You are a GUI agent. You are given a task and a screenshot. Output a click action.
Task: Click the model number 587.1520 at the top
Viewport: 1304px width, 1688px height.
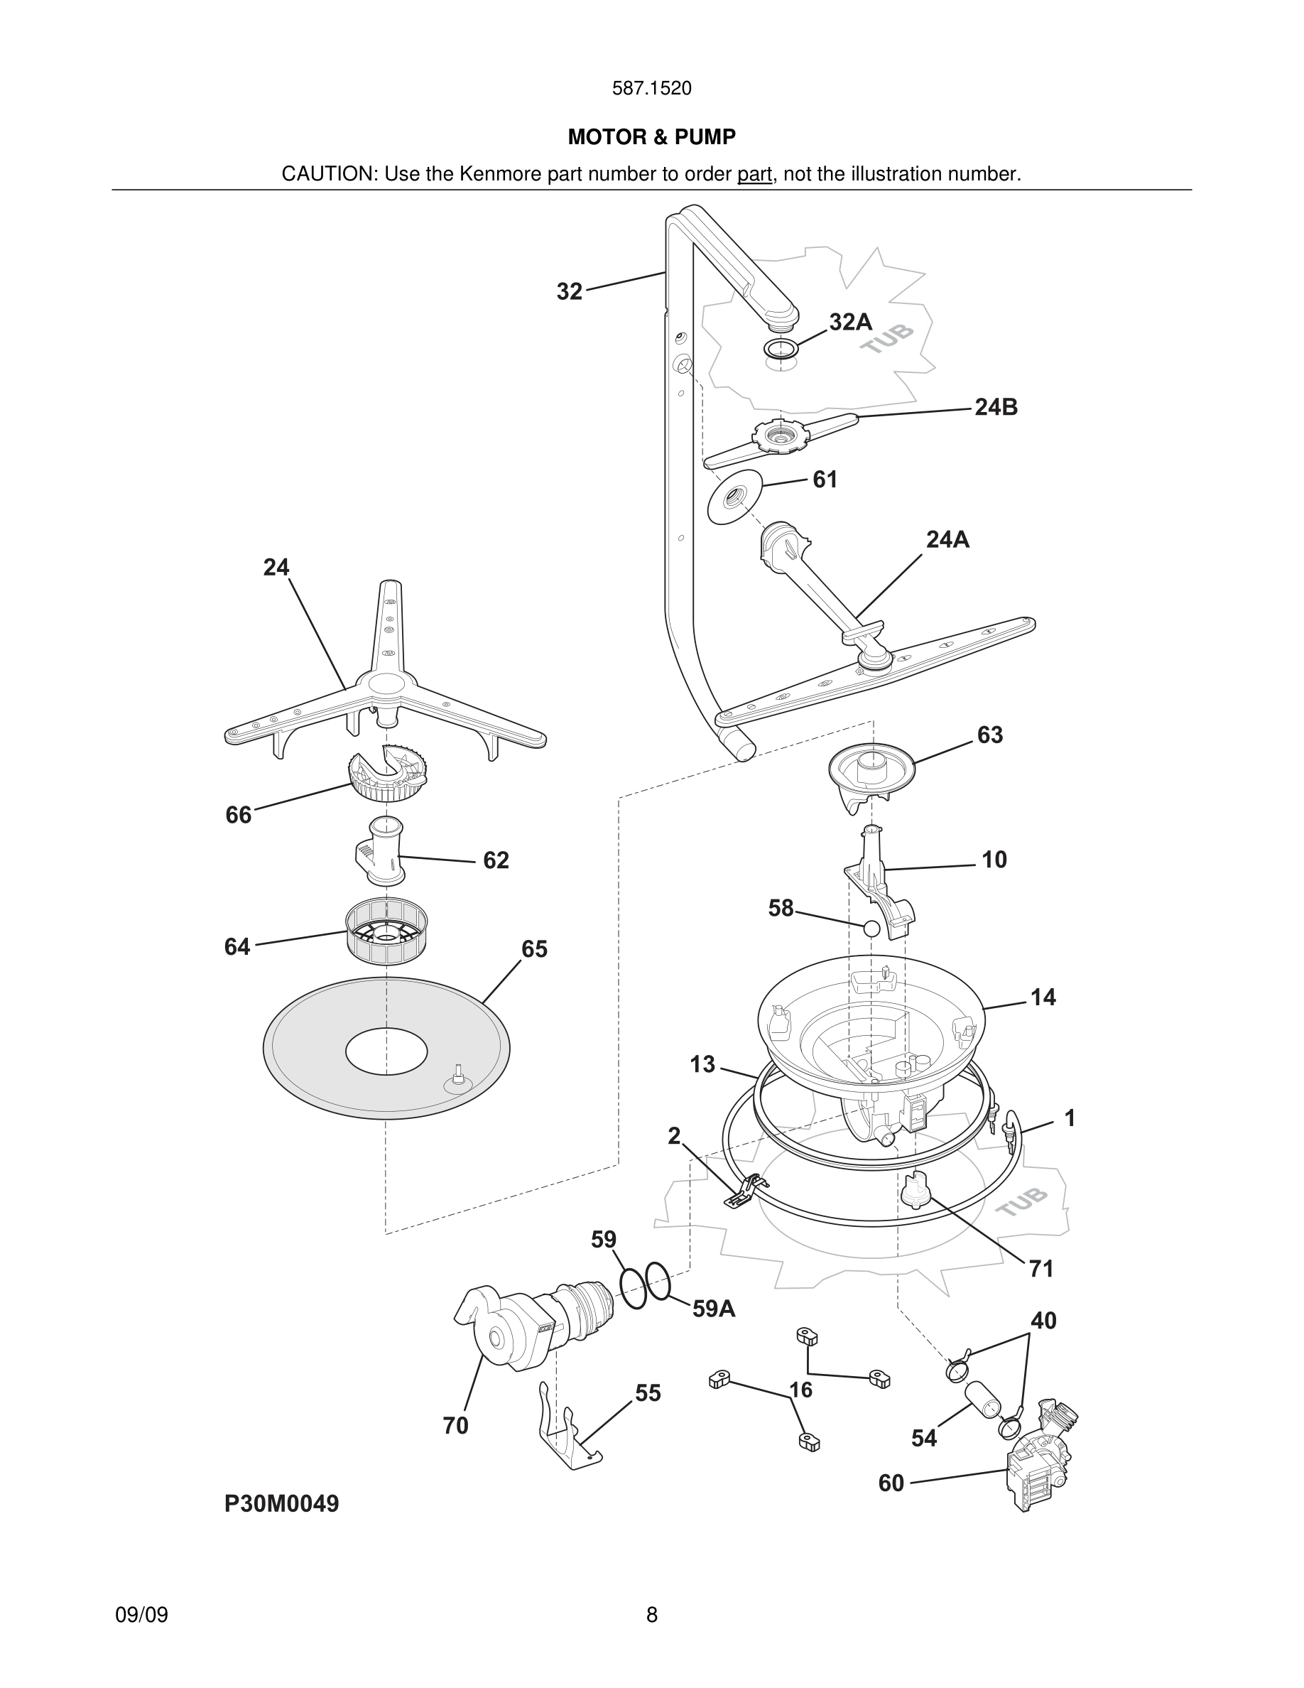click(x=651, y=89)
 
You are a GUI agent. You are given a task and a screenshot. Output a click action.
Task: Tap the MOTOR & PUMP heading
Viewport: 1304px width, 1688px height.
click(x=651, y=138)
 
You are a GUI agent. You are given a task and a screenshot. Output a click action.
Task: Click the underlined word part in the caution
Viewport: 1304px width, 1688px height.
click(x=754, y=175)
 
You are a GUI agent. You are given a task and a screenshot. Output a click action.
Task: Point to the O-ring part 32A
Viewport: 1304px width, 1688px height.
click(x=781, y=348)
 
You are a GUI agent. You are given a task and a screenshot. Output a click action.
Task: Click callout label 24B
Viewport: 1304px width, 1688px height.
click(x=995, y=407)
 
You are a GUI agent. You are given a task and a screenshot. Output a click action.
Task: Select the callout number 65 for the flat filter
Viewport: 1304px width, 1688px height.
click(x=534, y=949)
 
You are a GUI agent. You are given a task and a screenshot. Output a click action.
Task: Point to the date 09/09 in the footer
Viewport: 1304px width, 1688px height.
click(x=141, y=1616)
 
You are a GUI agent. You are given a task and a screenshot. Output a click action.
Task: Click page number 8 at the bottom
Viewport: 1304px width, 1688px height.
click(x=651, y=1616)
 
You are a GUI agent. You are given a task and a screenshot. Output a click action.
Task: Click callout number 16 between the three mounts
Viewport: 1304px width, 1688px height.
click(x=800, y=1390)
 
